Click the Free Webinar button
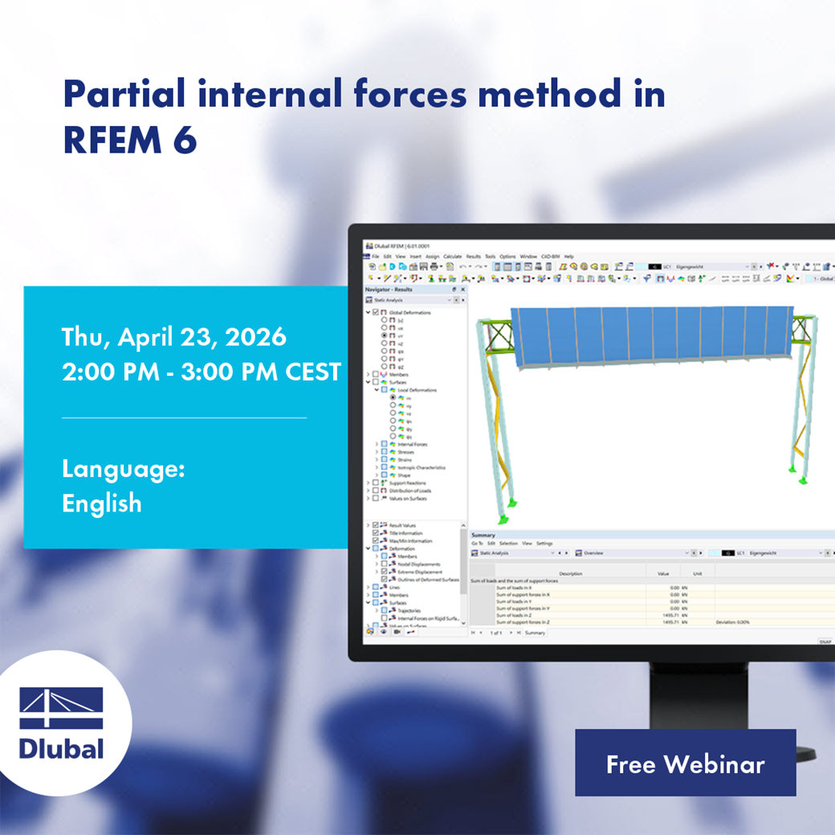(x=685, y=764)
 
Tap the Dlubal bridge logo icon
(x=61, y=707)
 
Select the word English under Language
(x=102, y=503)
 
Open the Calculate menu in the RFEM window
(x=452, y=256)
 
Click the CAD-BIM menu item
(x=550, y=256)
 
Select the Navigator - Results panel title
(x=389, y=289)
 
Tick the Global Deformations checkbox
(x=377, y=312)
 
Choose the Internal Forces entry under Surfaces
(x=413, y=444)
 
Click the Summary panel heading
(x=483, y=535)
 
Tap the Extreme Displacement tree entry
(x=419, y=572)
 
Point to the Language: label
(x=123, y=469)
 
